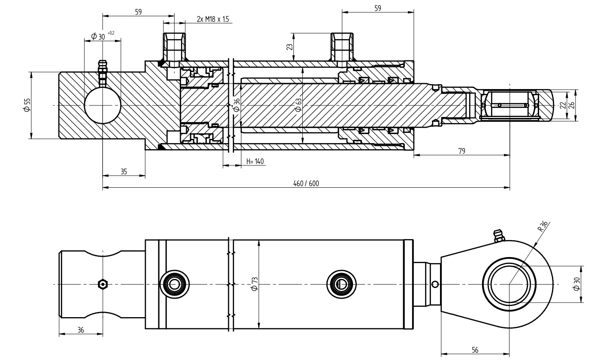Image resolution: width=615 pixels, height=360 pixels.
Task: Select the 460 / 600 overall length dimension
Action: pyautogui.click(x=306, y=183)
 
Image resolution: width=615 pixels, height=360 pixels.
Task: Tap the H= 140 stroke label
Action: pyautogui.click(x=255, y=162)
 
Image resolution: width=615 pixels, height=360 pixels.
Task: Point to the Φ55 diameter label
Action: pyautogui.click(x=27, y=105)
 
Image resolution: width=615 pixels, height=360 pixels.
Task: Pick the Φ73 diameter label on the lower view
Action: pyautogui.click(x=254, y=284)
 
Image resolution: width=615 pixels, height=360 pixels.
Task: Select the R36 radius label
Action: pyautogui.click(x=543, y=225)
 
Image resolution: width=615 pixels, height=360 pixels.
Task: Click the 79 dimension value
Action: pyautogui.click(x=461, y=151)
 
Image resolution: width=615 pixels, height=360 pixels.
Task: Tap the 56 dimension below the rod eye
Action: pyautogui.click(x=475, y=350)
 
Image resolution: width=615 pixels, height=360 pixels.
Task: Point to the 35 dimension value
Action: pyautogui.click(x=124, y=171)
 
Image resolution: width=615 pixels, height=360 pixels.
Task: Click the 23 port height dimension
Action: pyautogui.click(x=289, y=46)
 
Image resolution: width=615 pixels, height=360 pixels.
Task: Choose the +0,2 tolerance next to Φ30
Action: pyautogui.click(x=111, y=33)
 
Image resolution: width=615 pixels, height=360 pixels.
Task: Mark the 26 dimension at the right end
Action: pyautogui.click(x=571, y=105)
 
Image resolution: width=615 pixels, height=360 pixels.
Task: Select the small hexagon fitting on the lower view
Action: pyautogui.click(x=102, y=284)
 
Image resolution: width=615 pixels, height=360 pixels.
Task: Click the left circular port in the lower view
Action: pyautogui.click(x=174, y=284)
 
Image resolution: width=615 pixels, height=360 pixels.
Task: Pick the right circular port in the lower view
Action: pyautogui.click(x=341, y=284)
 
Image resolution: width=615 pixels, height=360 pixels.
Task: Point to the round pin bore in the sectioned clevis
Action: pyautogui.click(x=102, y=105)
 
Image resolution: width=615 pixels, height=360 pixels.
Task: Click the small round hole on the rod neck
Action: pyautogui.click(x=435, y=284)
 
